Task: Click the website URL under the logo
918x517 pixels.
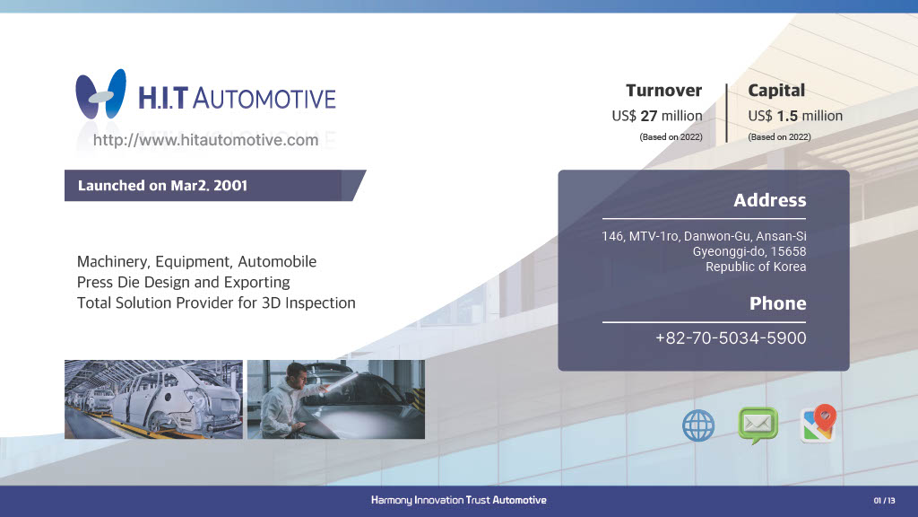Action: [x=205, y=140]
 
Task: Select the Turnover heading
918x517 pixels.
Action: [x=664, y=91]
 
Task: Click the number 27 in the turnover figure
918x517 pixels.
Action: [x=649, y=116]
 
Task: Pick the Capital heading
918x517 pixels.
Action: [x=776, y=91]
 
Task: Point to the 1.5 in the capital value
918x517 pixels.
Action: [x=787, y=116]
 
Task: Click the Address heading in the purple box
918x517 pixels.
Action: [x=770, y=200]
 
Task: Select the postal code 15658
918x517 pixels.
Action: [x=788, y=251]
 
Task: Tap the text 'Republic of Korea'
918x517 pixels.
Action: [x=756, y=267]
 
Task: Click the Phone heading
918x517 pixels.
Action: [x=777, y=303]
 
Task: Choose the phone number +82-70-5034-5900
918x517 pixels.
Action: [x=731, y=338]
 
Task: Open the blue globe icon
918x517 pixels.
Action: [x=698, y=425]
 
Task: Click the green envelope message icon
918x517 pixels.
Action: [x=758, y=425]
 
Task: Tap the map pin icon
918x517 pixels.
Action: [x=818, y=424]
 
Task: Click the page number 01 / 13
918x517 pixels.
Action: [x=884, y=501]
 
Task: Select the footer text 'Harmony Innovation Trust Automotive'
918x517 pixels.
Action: [x=458, y=500]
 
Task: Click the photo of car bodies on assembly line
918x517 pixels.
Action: [x=153, y=399]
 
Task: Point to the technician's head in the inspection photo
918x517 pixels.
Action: [x=298, y=374]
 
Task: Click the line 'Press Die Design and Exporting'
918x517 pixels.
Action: [x=183, y=283]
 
